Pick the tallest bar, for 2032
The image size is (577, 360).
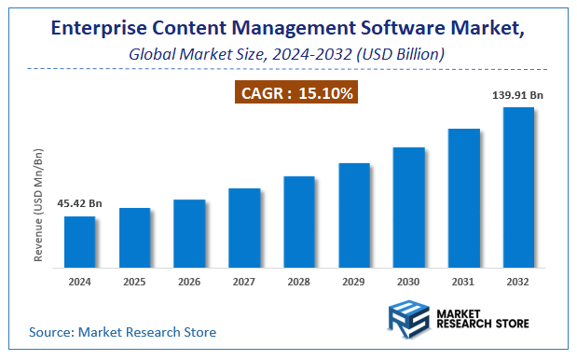(x=518, y=186)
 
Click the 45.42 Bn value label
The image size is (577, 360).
(x=81, y=202)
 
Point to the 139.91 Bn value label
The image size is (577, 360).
(x=516, y=94)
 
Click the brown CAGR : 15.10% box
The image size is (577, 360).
(x=295, y=93)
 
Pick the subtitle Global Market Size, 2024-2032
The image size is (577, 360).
(x=288, y=55)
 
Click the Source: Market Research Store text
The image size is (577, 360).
(x=122, y=331)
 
